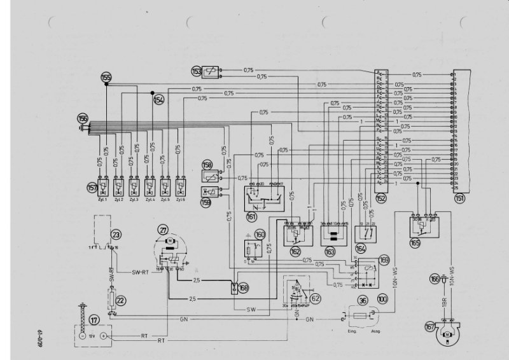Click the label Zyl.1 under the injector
click(101, 199)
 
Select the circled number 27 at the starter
click(164, 231)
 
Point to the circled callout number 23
click(115, 234)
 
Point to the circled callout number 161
click(251, 218)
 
